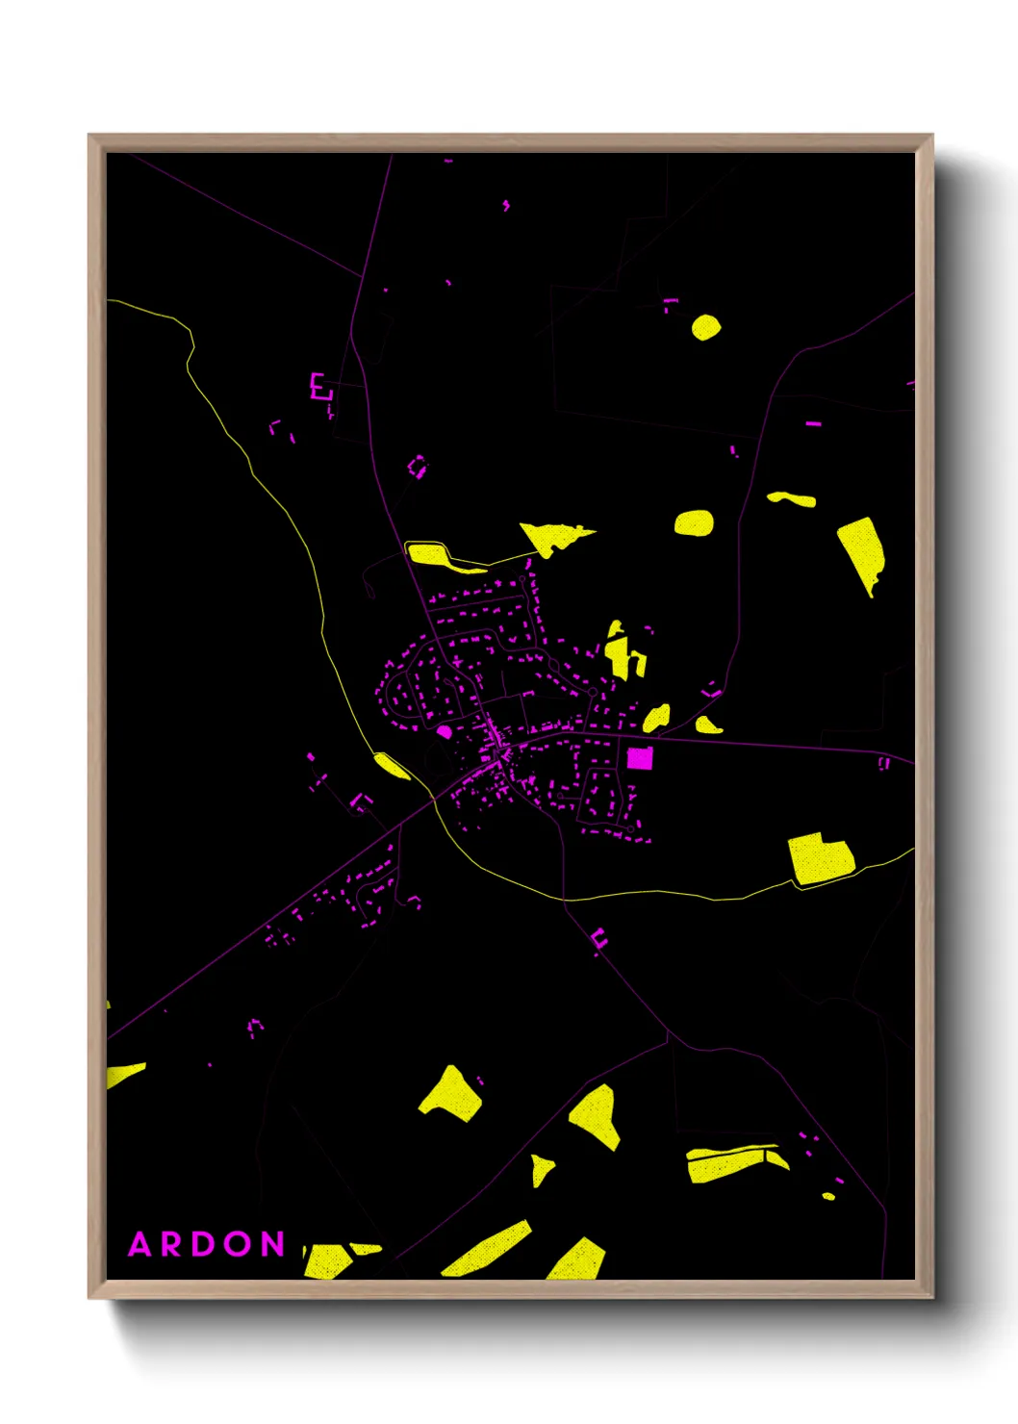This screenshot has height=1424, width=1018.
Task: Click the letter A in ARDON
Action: click(x=140, y=1244)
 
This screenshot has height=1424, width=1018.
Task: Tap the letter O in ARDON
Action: click(x=240, y=1244)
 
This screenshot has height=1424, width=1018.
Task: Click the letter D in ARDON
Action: click(x=205, y=1244)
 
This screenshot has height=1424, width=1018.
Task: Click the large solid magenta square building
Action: click(x=640, y=758)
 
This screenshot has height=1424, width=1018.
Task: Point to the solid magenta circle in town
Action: click(x=445, y=732)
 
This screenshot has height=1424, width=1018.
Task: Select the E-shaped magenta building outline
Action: click(x=319, y=387)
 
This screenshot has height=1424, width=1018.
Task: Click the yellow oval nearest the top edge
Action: click(x=705, y=327)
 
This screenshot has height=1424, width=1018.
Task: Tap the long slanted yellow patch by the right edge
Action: click(x=861, y=552)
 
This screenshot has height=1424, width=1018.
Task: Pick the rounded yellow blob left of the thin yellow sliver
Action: click(x=694, y=523)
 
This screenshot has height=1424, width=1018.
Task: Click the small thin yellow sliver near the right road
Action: click(x=792, y=498)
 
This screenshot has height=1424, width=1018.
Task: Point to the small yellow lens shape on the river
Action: click(x=392, y=766)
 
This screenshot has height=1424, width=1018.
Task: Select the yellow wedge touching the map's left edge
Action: click(x=123, y=1074)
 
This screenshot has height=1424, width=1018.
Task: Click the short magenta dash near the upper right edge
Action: click(x=813, y=422)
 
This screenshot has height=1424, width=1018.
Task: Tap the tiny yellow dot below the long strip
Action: click(x=828, y=1196)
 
